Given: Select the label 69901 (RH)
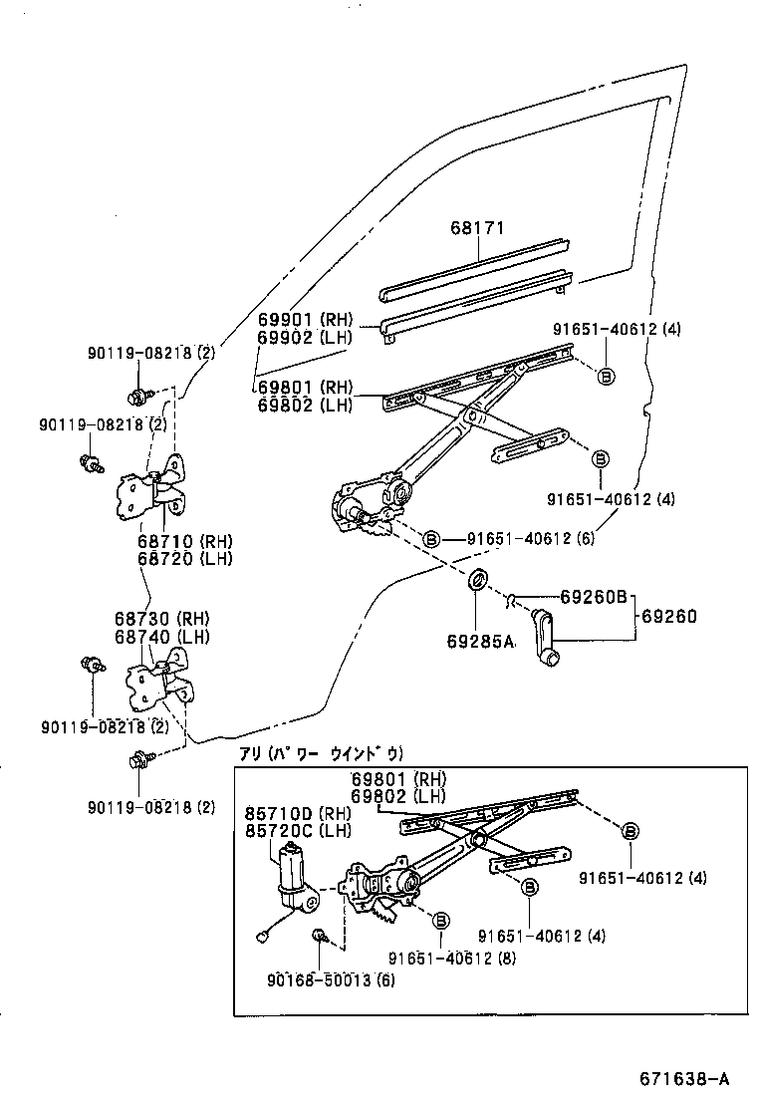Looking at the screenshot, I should (305, 319).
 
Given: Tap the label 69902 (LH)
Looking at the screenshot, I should (304, 337).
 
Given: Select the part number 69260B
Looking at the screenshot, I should (593, 597).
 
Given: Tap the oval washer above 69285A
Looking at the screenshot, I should (478, 579).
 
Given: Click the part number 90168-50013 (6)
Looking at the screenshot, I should (332, 980).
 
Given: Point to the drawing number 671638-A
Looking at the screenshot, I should (684, 1078).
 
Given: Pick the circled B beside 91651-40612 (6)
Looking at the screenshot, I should (431, 539).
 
